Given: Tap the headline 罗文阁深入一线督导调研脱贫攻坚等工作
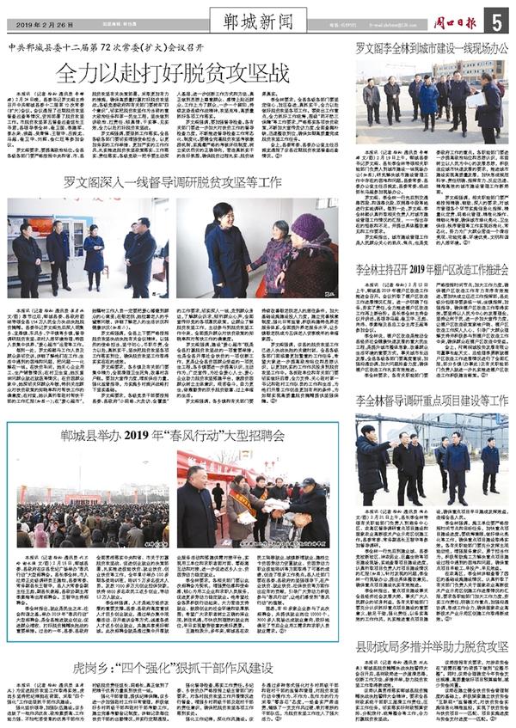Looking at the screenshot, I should (173, 182).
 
